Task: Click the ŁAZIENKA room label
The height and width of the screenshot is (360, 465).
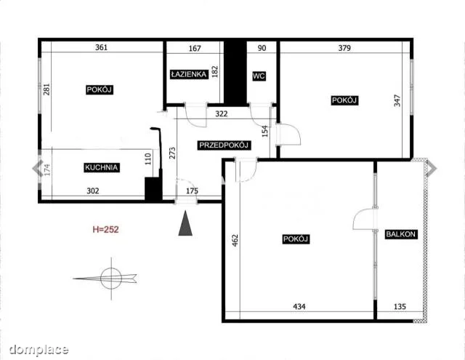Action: pyautogui.click(x=189, y=74)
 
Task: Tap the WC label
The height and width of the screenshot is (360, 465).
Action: pyautogui.click(x=259, y=76)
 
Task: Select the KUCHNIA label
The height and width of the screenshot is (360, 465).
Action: pyautogui.click(x=102, y=167)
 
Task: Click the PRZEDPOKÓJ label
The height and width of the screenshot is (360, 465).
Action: pyautogui.click(x=224, y=145)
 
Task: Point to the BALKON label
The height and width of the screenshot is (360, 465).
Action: pyautogui.click(x=400, y=234)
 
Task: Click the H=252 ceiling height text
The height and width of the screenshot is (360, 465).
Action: pyautogui.click(x=105, y=229)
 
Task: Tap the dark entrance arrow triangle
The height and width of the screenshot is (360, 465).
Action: pyautogui.click(x=185, y=223)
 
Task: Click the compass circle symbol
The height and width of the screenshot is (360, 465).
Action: pyautogui.click(x=111, y=279)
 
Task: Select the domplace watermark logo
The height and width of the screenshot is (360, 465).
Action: pyautogui.click(x=39, y=350)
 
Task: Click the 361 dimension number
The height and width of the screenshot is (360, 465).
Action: pyautogui.click(x=102, y=47)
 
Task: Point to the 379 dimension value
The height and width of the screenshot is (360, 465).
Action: pyautogui.click(x=344, y=48)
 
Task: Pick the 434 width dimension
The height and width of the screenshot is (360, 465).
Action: pyautogui.click(x=299, y=306)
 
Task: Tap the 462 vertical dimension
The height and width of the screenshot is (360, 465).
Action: pyautogui.click(x=235, y=241)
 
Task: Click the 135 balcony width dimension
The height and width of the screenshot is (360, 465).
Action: pyautogui.click(x=400, y=306)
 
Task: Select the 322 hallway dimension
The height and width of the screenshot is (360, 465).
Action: pyautogui.click(x=221, y=113)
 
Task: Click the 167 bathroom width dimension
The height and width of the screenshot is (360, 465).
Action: pyautogui.click(x=195, y=48)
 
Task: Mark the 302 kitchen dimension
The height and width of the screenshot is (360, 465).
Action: pyautogui.click(x=93, y=191)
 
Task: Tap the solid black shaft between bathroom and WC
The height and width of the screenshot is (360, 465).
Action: pyautogui.click(x=235, y=73)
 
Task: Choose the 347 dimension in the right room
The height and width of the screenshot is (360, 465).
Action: pyautogui.click(x=397, y=100)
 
